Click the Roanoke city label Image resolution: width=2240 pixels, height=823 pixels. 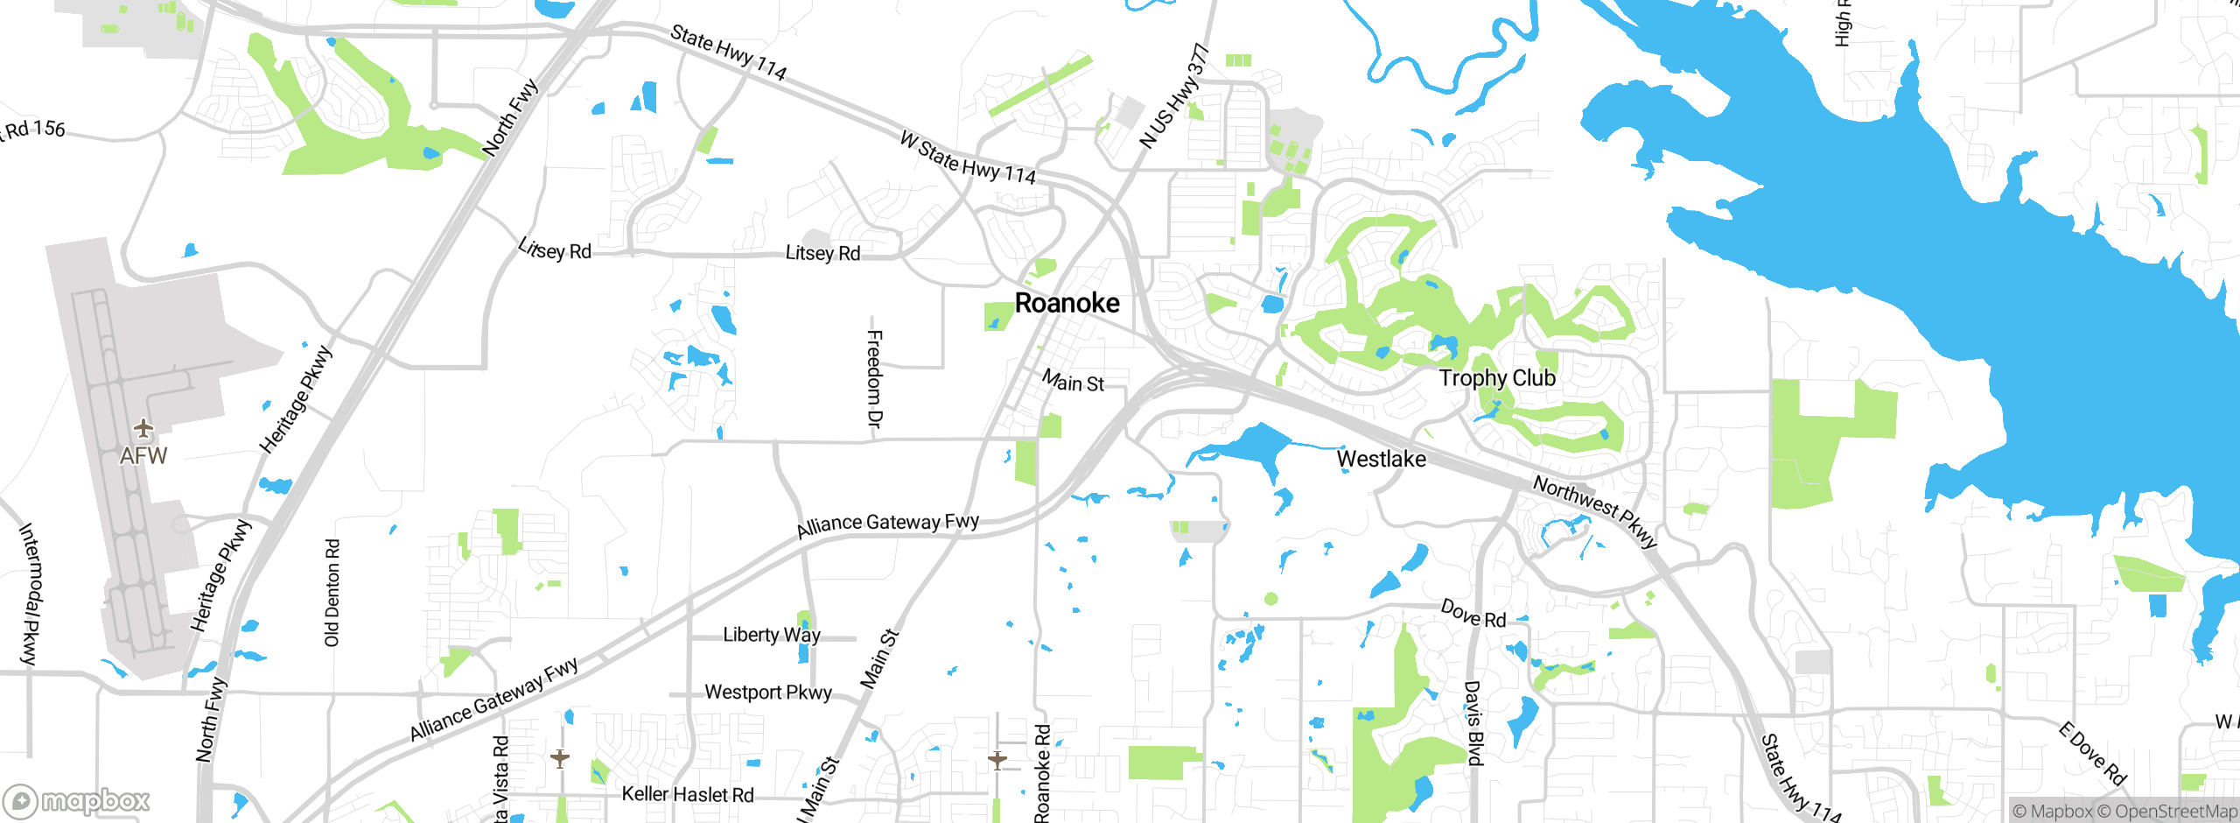coord(1067,303)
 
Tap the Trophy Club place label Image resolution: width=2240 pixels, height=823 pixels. coord(1497,378)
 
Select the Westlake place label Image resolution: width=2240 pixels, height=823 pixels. coord(1381,459)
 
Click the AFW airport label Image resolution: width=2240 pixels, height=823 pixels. coord(143,456)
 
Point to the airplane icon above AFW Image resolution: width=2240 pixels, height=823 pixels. coord(143,429)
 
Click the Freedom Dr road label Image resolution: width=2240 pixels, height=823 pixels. coord(873,378)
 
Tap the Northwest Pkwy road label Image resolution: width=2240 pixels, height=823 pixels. coord(1594,510)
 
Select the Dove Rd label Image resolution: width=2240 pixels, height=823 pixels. coord(1473,614)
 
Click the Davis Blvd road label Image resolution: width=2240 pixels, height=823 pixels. coord(1473,723)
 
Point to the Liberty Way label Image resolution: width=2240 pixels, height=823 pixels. coord(771,635)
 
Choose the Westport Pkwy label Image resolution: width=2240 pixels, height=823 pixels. coord(767,693)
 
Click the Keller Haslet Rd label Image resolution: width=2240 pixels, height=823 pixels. coord(687,794)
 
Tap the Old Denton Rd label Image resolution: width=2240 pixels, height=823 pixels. coord(332,593)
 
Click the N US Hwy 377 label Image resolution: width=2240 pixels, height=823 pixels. coord(1173,97)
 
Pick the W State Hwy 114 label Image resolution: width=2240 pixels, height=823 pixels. coord(967,158)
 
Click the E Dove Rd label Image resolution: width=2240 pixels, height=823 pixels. coord(2091,754)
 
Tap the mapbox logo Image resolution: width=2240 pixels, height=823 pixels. coord(77,800)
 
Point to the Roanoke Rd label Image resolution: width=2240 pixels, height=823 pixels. coord(1042,773)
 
